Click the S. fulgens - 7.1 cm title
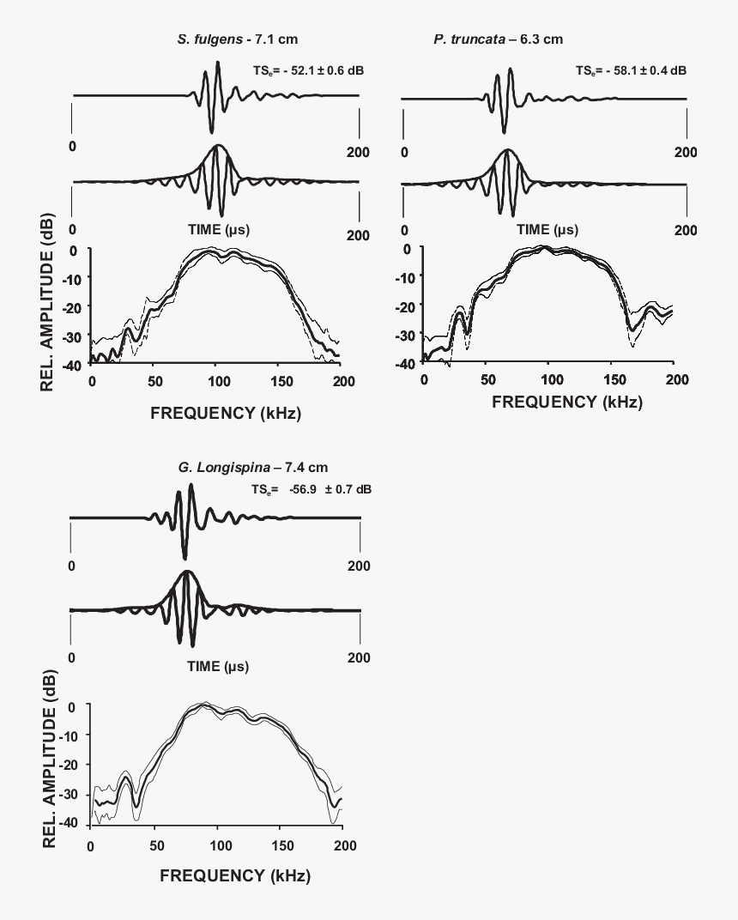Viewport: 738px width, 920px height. pyautogui.click(x=238, y=39)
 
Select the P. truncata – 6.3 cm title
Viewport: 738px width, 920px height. pyautogui.click(x=499, y=39)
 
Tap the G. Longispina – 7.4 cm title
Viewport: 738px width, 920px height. pyautogui.click(x=247, y=467)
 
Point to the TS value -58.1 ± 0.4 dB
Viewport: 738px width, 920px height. pyautogui.click(x=631, y=70)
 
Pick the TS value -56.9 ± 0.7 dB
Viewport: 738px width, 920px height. pyautogui.click(x=312, y=488)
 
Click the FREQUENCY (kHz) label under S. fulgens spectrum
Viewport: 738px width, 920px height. pyautogui.click(x=226, y=413)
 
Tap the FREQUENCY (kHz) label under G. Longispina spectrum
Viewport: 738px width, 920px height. pyautogui.click(x=234, y=876)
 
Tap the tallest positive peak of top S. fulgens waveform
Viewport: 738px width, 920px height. pyautogui.click(x=218, y=64)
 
